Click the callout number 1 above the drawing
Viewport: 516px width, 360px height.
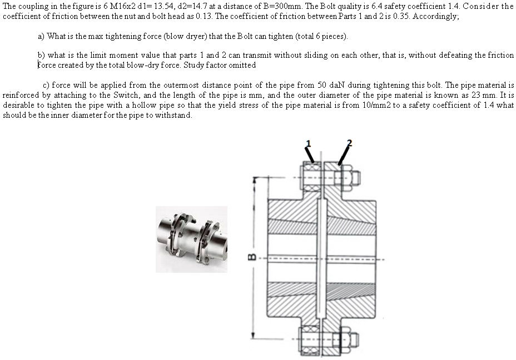(309, 143)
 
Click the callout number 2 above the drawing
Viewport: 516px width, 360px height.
(349, 143)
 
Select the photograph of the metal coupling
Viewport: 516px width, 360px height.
(191, 239)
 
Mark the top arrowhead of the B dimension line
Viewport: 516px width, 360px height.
(255, 180)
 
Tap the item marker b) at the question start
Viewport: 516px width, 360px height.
(41, 56)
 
